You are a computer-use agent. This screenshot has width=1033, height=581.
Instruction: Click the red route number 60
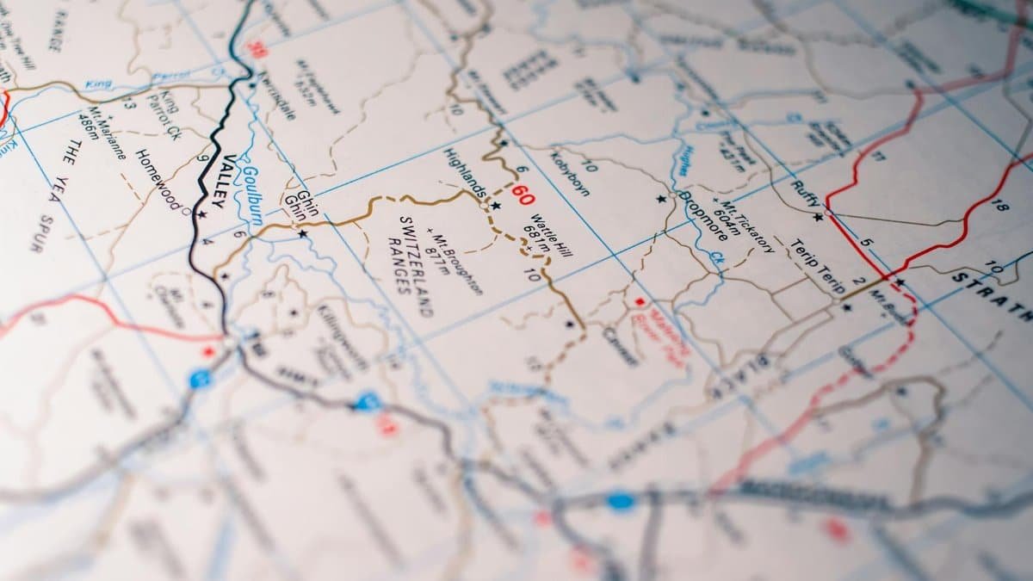point(523,195)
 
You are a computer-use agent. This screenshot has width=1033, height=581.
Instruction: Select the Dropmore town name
point(702,215)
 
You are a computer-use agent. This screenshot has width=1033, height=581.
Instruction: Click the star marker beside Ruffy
point(818,217)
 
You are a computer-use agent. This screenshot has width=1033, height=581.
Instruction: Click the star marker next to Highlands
point(496,206)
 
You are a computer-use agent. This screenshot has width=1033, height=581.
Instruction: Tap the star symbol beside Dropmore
point(661,199)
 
